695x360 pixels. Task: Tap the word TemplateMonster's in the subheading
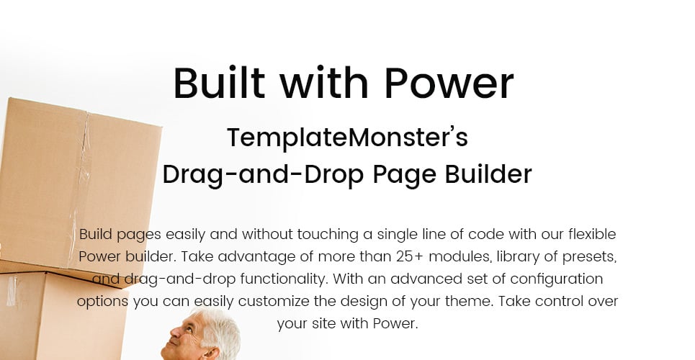point(347,137)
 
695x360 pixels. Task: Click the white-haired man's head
point(205,336)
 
